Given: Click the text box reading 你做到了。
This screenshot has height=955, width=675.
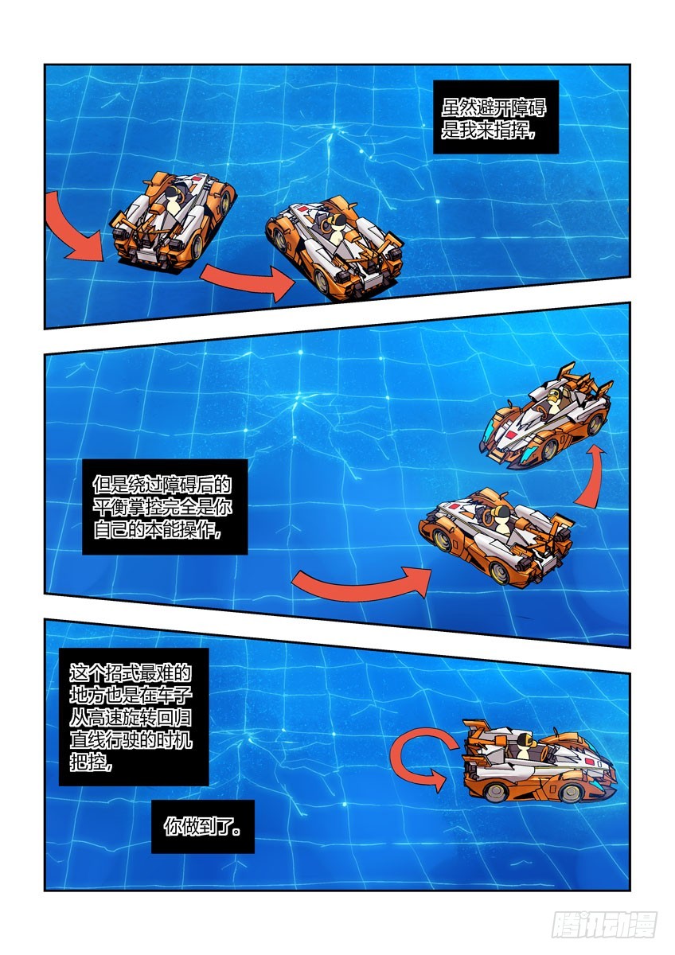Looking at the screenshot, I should (x=203, y=827).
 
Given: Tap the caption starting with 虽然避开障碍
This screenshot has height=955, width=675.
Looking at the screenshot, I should (x=490, y=117).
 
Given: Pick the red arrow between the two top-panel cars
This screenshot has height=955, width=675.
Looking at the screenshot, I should (x=248, y=281).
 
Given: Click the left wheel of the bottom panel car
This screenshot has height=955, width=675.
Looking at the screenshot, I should (x=498, y=793).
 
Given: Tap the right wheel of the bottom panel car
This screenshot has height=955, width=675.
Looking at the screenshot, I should (x=569, y=793).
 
